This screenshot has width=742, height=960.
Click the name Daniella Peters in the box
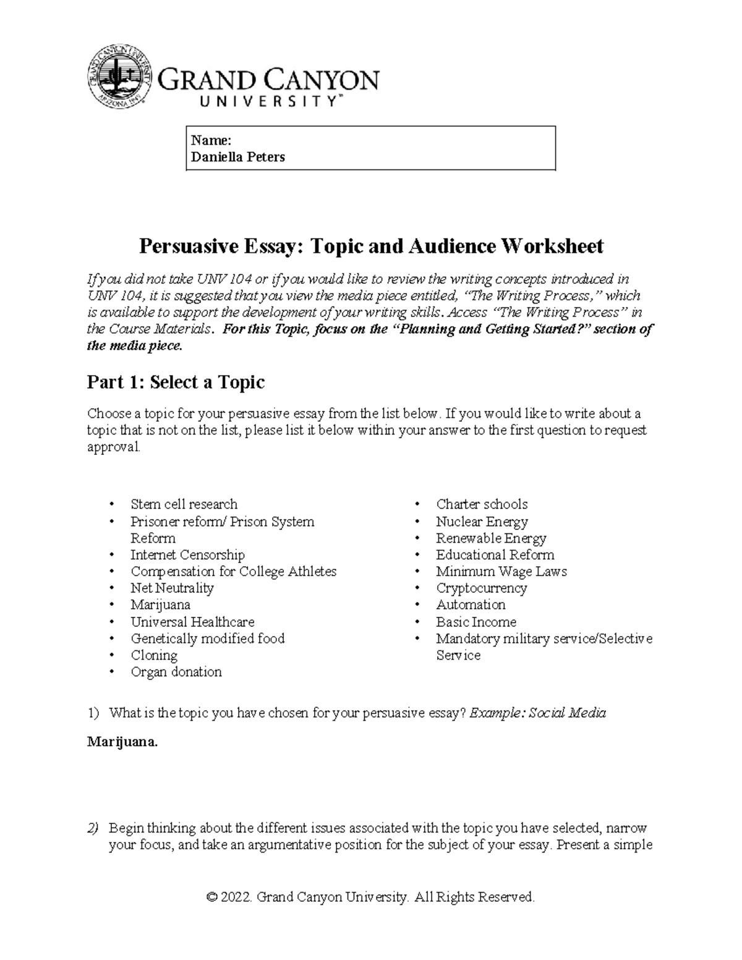tap(238, 157)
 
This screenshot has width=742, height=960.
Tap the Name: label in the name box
tap(211, 140)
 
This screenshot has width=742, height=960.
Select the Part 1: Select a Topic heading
tap(176, 383)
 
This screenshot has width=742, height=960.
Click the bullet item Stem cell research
tap(184, 504)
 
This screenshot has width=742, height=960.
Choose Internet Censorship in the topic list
tap(187, 555)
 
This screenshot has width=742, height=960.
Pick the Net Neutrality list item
tap(172, 588)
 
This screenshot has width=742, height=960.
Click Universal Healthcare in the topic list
tap(192, 622)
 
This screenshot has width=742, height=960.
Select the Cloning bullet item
tap(154, 655)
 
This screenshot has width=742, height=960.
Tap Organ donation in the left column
tap(176, 672)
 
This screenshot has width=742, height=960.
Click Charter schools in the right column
tap(482, 504)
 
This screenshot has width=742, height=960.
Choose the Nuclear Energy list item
tap(482, 522)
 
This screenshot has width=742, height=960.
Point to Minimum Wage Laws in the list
tap(501, 572)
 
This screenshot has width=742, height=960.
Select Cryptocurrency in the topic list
tap(481, 588)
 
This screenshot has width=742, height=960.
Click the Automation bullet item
tap(471, 605)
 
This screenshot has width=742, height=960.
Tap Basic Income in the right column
tap(475, 622)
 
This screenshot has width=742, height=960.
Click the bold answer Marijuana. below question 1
tap(122, 742)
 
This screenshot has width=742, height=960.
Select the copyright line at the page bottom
tap(370, 897)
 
